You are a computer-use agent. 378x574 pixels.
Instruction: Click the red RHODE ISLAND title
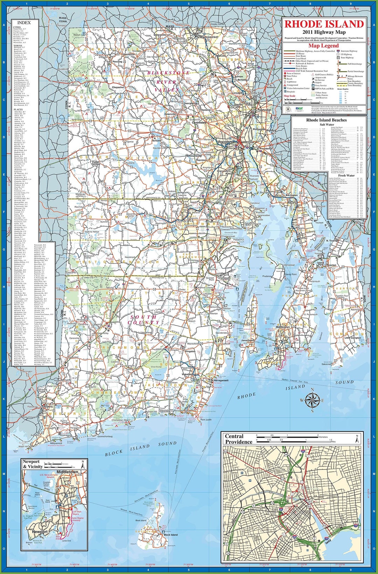[x=324, y=24]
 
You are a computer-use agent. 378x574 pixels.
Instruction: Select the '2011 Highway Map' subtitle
[x=324, y=32]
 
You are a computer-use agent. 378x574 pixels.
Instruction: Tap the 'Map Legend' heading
[x=323, y=46]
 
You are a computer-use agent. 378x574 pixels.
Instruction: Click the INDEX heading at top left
[x=24, y=22]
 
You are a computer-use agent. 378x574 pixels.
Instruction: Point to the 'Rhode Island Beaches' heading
[x=326, y=120]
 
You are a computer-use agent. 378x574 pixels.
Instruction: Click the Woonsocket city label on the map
[x=209, y=37]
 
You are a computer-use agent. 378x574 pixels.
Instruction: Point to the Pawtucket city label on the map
[x=264, y=110]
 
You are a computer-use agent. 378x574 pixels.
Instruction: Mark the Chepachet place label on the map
[x=118, y=87]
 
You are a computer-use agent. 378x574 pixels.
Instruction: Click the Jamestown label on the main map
[x=247, y=340]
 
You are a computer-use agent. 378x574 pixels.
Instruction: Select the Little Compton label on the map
[x=352, y=338]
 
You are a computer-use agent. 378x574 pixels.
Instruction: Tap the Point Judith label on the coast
[x=206, y=419]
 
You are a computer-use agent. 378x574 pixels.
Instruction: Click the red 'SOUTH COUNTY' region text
[x=144, y=319]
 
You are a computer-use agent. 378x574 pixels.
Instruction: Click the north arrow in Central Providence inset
[x=357, y=438]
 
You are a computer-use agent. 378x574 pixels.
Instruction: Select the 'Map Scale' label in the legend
[x=289, y=96]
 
